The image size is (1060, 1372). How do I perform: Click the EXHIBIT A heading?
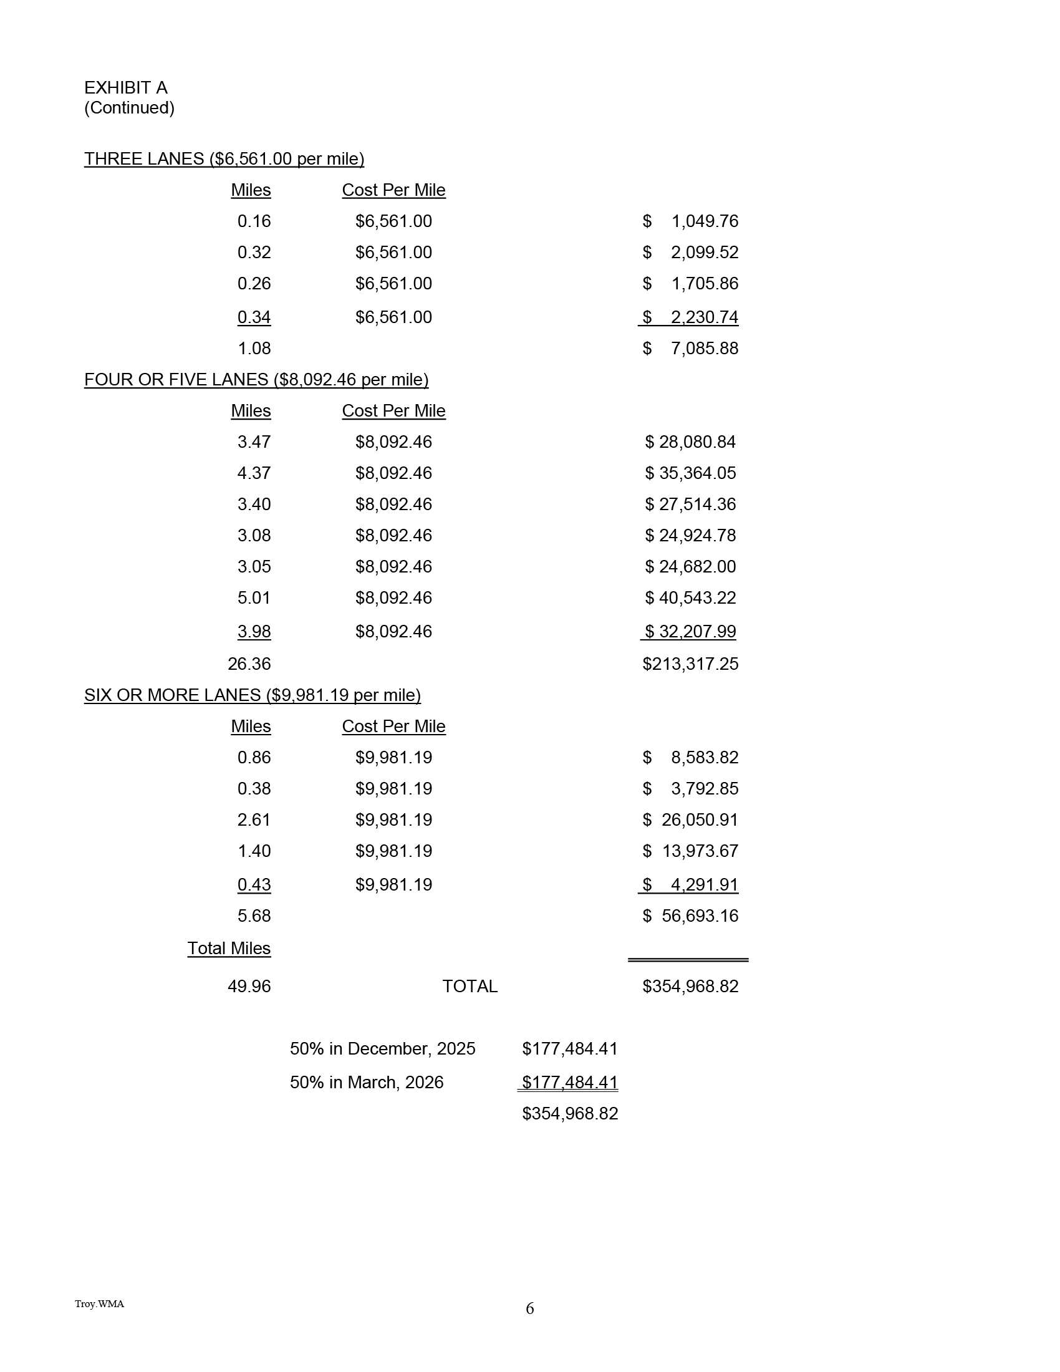pyautogui.click(x=125, y=87)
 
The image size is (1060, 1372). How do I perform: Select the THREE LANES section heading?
pyautogui.click(x=224, y=159)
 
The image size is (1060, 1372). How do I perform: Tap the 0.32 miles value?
pyautogui.click(x=254, y=253)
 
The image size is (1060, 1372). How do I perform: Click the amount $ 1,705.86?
pyautogui.click(x=691, y=284)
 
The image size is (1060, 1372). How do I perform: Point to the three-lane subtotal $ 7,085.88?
pyautogui.click(x=691, y=349)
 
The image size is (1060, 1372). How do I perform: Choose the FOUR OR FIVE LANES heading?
pyautogui.click(x=256, y=380)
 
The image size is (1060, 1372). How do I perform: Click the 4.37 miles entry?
pyautogui.click(x=254, y=473)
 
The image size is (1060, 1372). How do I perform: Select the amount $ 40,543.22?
pyautogui.click(x=690, y=598)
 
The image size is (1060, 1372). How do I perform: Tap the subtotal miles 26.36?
pyautogui.click(x=249, y=664)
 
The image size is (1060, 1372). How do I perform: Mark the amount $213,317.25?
pyautogui.click(x=690, y=664)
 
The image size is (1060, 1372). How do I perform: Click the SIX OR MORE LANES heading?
pyautogui.click(x=253, y=695)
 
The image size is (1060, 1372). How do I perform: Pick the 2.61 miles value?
pyautogui.click(x=254, y=820)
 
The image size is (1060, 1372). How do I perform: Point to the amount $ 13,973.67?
pyautogui.click(x=691, y=851)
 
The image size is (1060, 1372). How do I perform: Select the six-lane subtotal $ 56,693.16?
pyautogui.click(x=691, y=916)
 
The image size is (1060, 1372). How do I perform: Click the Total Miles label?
pyautogui.click(x=229, y=949)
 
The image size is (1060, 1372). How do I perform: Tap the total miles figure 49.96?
pyautogui.click(x=249, y=987)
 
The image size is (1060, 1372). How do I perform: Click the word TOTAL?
pyautogui.click(x=470, y=987)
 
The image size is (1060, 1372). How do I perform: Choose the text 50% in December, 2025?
pyautogui.click(x=382, y=1048)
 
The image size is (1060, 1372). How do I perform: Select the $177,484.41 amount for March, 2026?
pyautogui.click(x=569, y=1083)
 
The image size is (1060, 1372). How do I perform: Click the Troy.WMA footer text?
pyautogui.click(x=99, y=1304)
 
